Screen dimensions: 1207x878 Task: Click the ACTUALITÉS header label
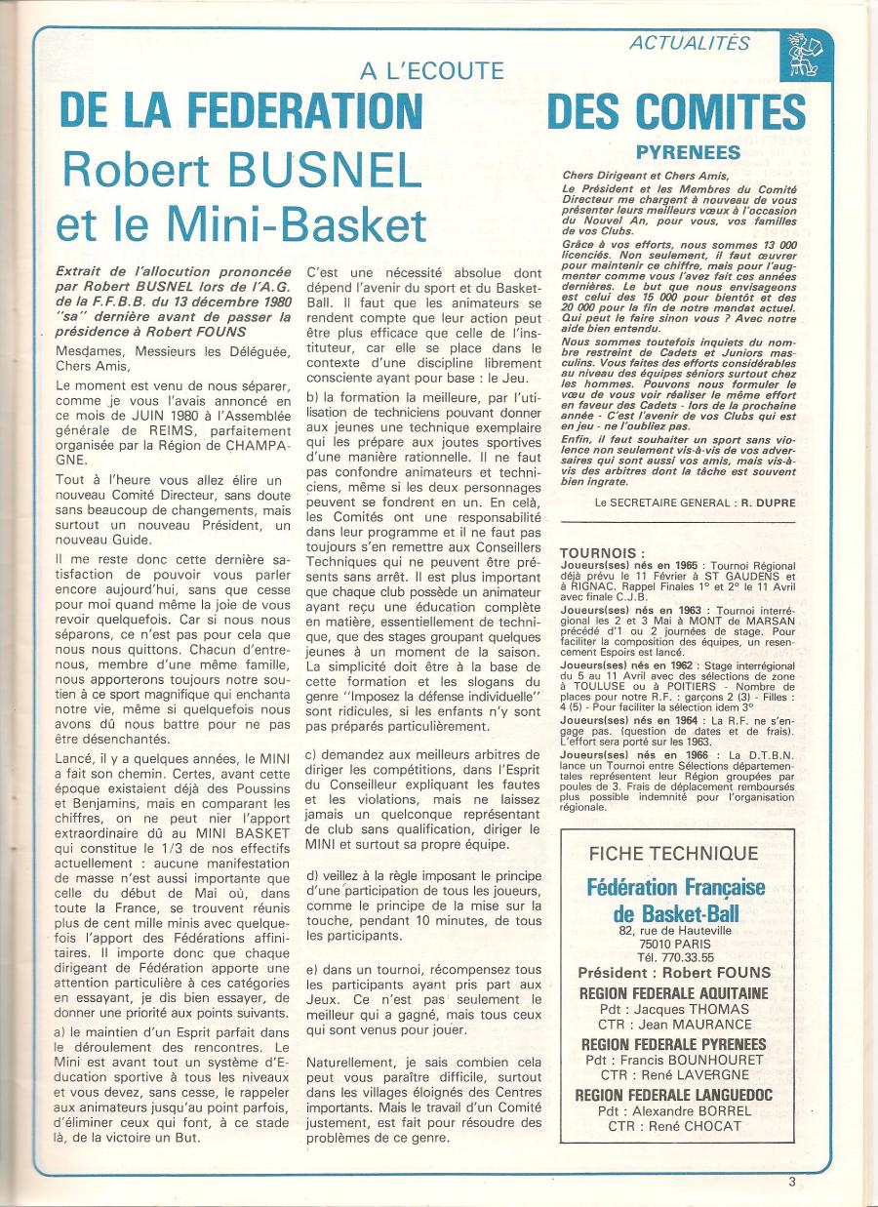point(689,43)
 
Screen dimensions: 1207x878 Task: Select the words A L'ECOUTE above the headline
point(431,70)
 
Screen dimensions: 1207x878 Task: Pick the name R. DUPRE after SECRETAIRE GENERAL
point(743,502)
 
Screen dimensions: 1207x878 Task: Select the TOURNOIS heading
point(602,554)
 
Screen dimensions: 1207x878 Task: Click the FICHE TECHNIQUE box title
point(674,853)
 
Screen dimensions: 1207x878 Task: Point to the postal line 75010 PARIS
point(675,944)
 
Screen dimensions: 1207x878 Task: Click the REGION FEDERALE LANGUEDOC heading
point(674,1095)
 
